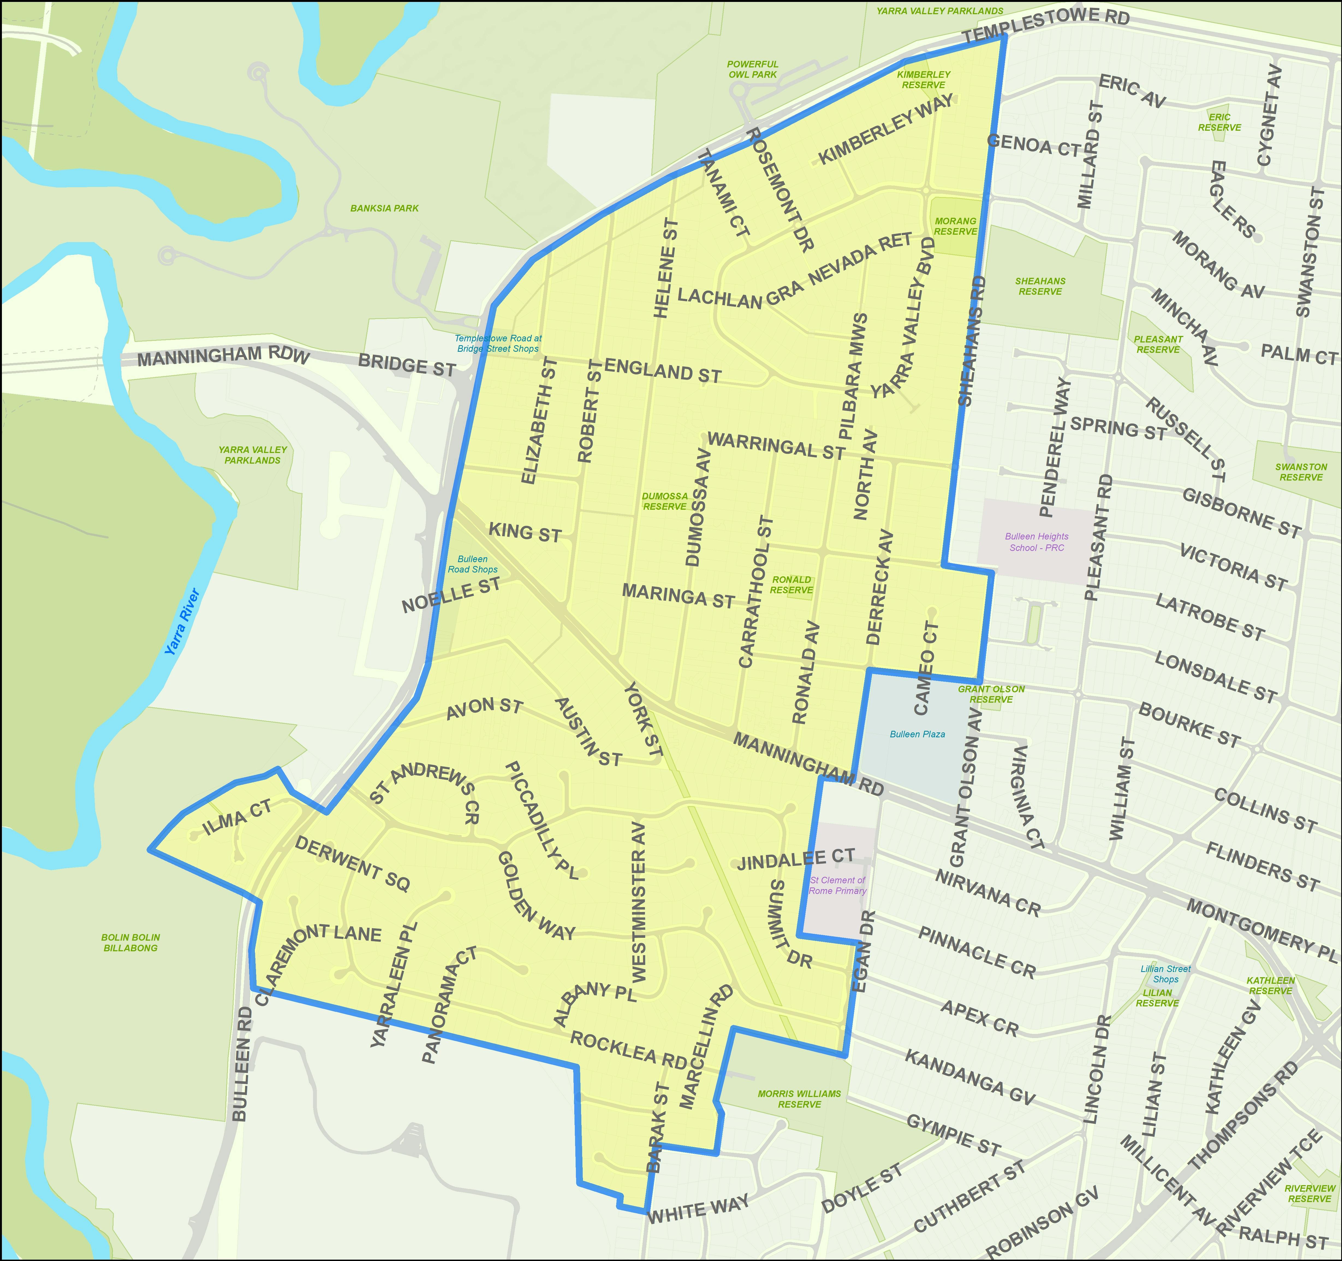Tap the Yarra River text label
(x=182, y=622)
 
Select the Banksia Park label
(x=384, y=208)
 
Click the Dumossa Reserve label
(x=665, y=501)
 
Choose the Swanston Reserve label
(x=1301, y=472)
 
